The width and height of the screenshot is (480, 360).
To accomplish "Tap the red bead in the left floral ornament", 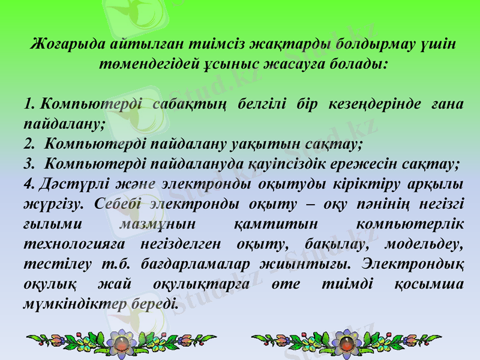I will coord(124,344).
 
